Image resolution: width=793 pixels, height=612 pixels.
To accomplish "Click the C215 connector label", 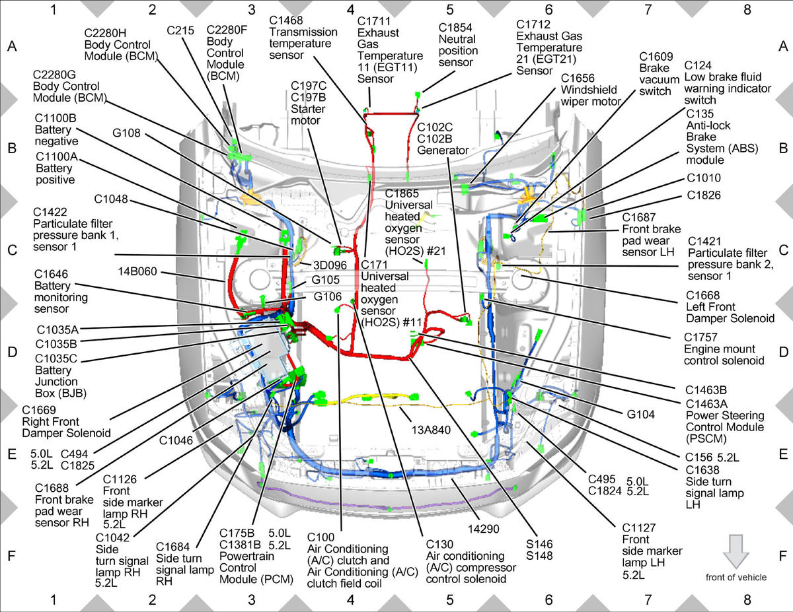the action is click(x=180, y=30).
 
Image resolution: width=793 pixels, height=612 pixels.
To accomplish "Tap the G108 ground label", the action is click(x=126, y=133).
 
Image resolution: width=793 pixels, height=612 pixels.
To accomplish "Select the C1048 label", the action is click(x=111, y=199).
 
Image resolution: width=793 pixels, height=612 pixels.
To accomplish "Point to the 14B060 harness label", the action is click(x=137, y=271).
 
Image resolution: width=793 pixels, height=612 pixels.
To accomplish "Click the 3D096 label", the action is click(x=330, y=265).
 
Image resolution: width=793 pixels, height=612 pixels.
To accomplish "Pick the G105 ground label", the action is click(x=326, y=280).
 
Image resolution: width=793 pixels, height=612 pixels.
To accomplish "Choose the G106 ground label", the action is click(x=328, y=296).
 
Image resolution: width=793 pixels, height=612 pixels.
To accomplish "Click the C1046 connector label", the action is click(x=176, y=440).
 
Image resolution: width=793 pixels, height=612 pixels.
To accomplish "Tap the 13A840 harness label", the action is click(x=431, y=430).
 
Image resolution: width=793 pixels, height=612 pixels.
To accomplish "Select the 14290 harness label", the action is click(x=484, y=529).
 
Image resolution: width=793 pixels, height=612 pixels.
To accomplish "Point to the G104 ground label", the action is click(x=641, y=415).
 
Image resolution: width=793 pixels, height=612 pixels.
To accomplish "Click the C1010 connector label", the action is click(x=704, y=178).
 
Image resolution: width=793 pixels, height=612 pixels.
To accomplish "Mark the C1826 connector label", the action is click(x=704, y=195).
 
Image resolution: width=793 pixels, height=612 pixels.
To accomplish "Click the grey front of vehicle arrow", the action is click(x=736, y=551).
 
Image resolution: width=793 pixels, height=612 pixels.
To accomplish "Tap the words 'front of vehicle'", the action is click(x=736, y=578).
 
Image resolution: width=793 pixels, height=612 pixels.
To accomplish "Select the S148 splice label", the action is click(x=539, y=556).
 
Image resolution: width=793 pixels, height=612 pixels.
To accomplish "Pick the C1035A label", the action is click(x=57, y=330).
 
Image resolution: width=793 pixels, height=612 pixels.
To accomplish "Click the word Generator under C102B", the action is click(x=443, y=150).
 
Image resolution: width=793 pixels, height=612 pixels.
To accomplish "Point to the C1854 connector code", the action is click(x=455, y=27).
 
